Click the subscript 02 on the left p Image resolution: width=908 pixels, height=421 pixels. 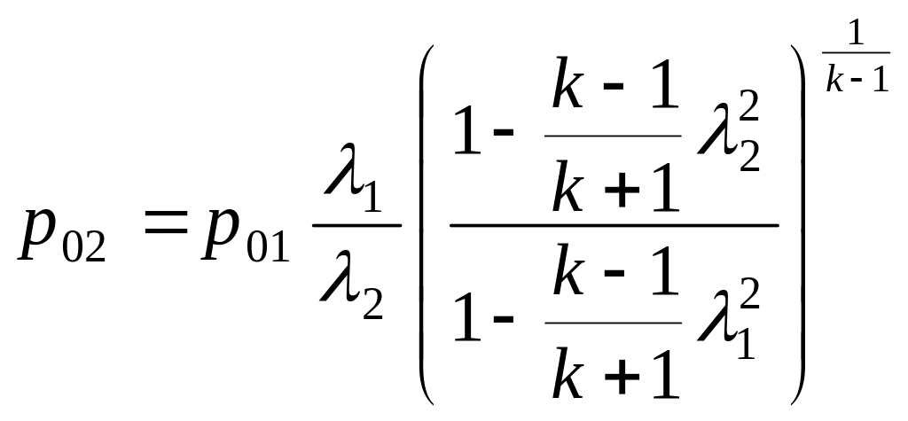click(85, 246)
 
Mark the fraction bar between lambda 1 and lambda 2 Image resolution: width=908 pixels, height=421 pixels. click(356, 225)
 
